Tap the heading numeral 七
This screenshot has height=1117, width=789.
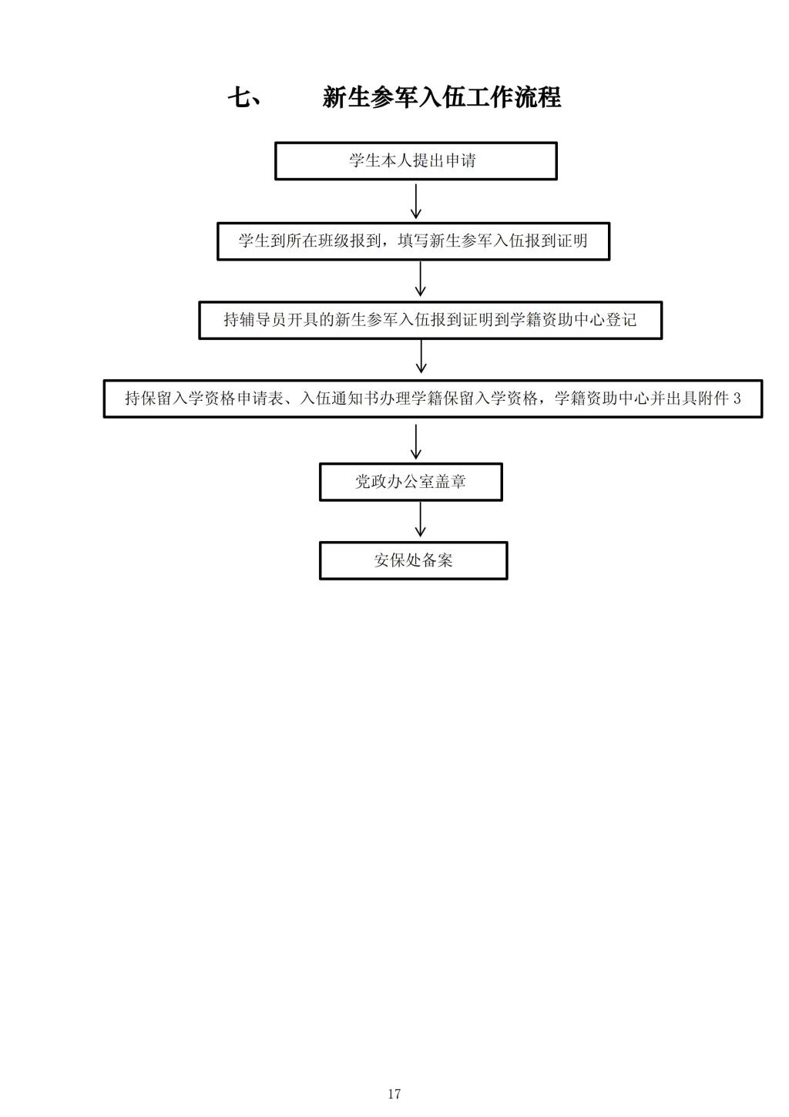pyautogui.click(x=240, y=97)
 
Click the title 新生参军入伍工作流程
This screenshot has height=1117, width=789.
pyautogui.click(x=442, y=97)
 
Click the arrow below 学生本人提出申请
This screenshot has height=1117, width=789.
pyautogui.click(x=415, y=201)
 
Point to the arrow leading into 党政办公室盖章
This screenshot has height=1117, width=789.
pyautogui.click(x=415, y=442)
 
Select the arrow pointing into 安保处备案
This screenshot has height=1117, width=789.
pyautogui.click(x=420, y=520)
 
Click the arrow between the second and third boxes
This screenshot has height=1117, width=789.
pyautogui.click(x=420, y=279)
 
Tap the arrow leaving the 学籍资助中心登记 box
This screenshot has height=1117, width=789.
pyautogui.click(x=421, y=357)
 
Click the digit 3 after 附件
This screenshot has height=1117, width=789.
pyautogui.click(x=737, y=399)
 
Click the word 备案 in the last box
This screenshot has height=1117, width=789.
pyautogui.click(x=437, y=560)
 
